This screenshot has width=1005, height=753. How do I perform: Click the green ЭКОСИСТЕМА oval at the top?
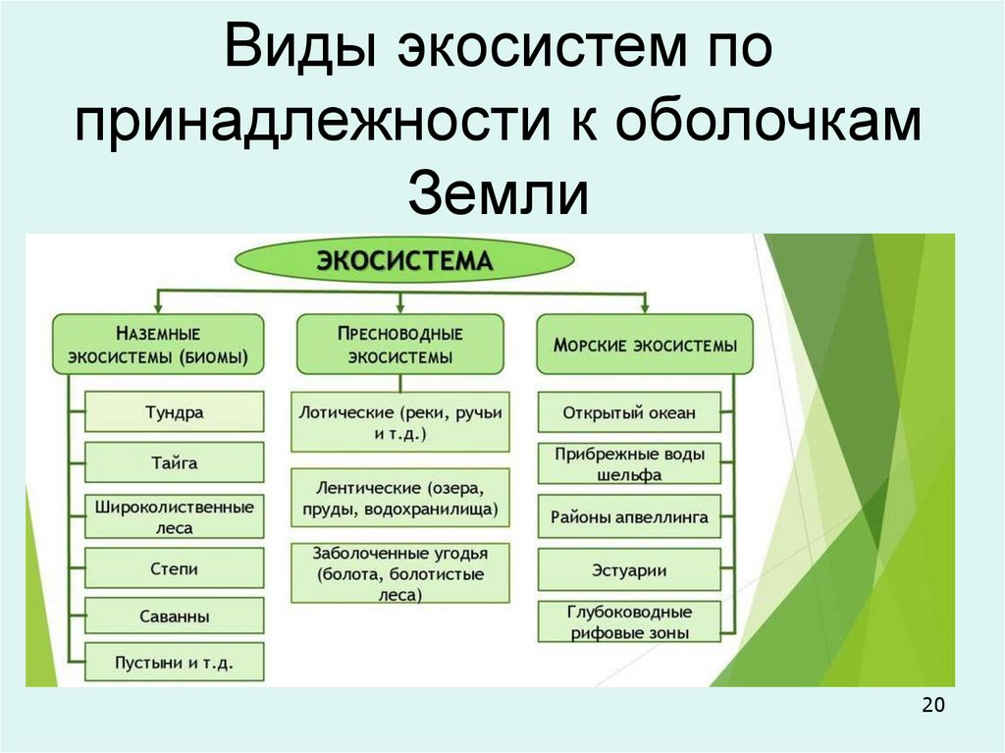[403, 261]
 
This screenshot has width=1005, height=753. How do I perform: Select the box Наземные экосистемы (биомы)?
[158, 345]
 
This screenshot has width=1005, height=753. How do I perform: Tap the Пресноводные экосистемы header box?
[399, 345]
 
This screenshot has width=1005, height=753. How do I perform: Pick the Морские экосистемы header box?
[645, 346]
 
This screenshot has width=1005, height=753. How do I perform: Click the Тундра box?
[174, 412]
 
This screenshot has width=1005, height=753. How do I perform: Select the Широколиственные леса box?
[174, 516]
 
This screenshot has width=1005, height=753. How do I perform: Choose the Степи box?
[174, 568]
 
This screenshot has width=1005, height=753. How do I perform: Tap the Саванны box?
[174, 617]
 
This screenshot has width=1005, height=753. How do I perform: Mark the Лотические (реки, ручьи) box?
[400, 422]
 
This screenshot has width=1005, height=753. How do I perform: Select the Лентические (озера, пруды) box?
[400, 498]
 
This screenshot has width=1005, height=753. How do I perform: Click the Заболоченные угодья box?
[400, 572]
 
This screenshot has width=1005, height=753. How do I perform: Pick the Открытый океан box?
[629, 412]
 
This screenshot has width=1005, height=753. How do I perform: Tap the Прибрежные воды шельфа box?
[629, 463]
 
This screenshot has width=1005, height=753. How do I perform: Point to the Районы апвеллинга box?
[629, 515]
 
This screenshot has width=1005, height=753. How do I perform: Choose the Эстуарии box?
[629, 569]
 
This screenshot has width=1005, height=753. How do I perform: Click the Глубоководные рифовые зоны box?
[629, 621]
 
